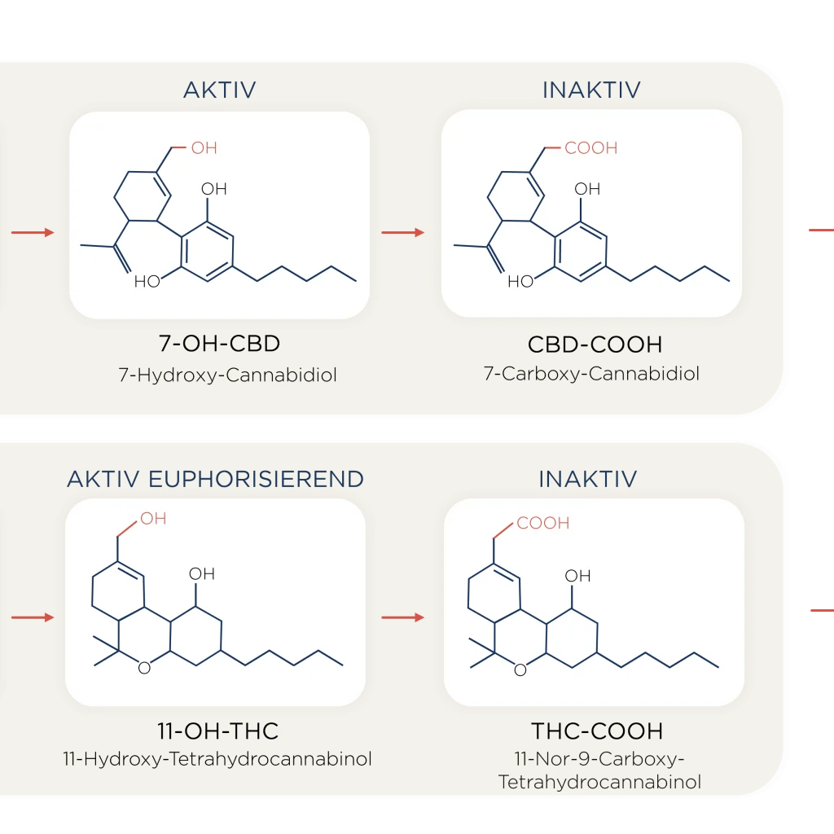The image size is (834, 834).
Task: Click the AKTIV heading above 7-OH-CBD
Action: tap(220, 90)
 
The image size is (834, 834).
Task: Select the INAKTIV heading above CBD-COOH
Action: tap(591, 90)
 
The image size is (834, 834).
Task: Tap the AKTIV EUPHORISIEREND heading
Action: tap(215, 479)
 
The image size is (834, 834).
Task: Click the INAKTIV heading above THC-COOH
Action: tap(588, 479)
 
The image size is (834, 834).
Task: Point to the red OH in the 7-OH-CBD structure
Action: tap(204, 148)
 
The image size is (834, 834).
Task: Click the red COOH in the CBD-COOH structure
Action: tap(591, 148)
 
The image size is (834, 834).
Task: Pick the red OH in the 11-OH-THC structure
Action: tap(154, 519)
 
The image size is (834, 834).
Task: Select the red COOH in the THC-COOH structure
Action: tap(543, 523)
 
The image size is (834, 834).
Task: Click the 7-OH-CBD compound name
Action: tap(219, 344)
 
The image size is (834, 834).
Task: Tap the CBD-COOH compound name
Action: tap(595, 345)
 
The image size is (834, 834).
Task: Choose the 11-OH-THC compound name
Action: tap(218, 731)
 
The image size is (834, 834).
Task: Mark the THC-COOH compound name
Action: tap(597, 731)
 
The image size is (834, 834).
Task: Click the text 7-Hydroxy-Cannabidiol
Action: tap(228, 375)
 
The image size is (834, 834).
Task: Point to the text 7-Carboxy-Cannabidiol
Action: tap(591, 373)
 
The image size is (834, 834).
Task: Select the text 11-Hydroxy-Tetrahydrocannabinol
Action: tap(217, 758)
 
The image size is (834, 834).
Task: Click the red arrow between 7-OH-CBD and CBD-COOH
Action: tap(402, 232)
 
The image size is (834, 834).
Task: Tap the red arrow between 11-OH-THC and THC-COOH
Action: tap(402, 617)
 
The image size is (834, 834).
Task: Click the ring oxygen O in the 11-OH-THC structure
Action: tap(144, 668)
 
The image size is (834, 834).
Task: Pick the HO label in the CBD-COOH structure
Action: tap(520, 281)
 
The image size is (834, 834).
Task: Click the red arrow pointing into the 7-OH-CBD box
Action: tap(33, 232)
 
